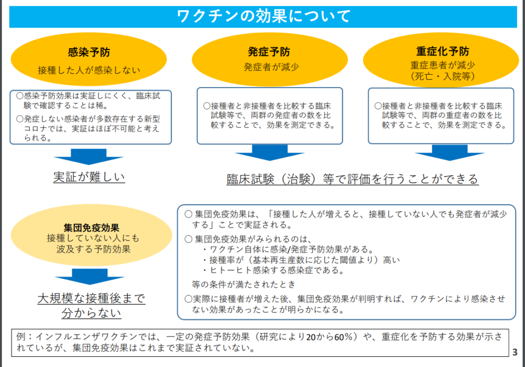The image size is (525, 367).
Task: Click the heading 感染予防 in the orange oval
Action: [88, 52]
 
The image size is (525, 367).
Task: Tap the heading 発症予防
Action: [269, 52]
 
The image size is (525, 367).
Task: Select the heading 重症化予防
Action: [442, 52]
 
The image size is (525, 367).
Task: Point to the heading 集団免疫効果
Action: [92, 228]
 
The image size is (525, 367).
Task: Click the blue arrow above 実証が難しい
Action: [88, 157]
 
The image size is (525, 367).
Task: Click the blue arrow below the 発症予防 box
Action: [269, 153]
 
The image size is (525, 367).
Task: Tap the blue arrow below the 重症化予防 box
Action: [442, 153]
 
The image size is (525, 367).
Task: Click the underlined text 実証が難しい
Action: [89, 177]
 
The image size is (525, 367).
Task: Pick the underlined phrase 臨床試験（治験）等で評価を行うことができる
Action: [352, 179]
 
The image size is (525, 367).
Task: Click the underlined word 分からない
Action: [91, 313]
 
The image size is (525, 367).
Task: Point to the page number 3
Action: [515, 352]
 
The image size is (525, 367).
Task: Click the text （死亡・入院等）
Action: [442, 76]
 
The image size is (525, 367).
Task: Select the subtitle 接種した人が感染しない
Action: [89, 70]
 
